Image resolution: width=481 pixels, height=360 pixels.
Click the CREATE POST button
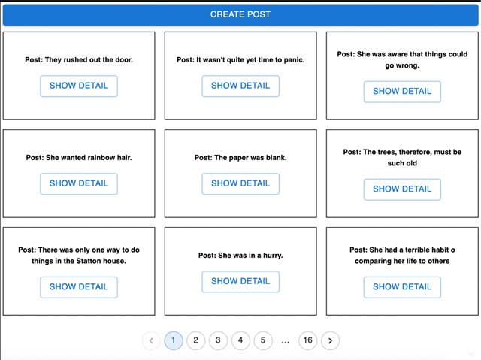point(240,14)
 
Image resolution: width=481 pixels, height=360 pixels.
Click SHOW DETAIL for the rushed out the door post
point(79,86)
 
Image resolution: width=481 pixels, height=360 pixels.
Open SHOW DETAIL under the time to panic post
point(240,86)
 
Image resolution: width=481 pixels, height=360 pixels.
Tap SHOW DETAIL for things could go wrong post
point(402,92)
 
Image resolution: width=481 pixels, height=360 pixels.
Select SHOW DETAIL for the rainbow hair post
point(79,183)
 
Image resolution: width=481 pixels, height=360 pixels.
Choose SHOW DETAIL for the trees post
point(402,189)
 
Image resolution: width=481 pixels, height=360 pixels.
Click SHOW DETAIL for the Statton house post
point(79,287)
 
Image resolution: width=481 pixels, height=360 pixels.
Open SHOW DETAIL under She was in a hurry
point(240,281)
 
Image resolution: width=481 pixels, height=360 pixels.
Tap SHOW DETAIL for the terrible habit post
point(402,287)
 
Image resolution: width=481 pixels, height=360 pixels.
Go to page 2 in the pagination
point(195,340)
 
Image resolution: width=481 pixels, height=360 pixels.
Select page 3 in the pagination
point(218,340)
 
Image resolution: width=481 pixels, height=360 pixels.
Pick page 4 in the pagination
point(240,340)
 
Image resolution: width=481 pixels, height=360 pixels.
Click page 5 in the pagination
point(263,340)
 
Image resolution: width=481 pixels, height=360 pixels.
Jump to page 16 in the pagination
point(307,340)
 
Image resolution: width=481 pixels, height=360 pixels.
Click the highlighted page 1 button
point(173,340)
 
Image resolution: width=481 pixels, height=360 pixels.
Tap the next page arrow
point(330,340)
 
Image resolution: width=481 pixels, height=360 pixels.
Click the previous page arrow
point(151,340)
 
